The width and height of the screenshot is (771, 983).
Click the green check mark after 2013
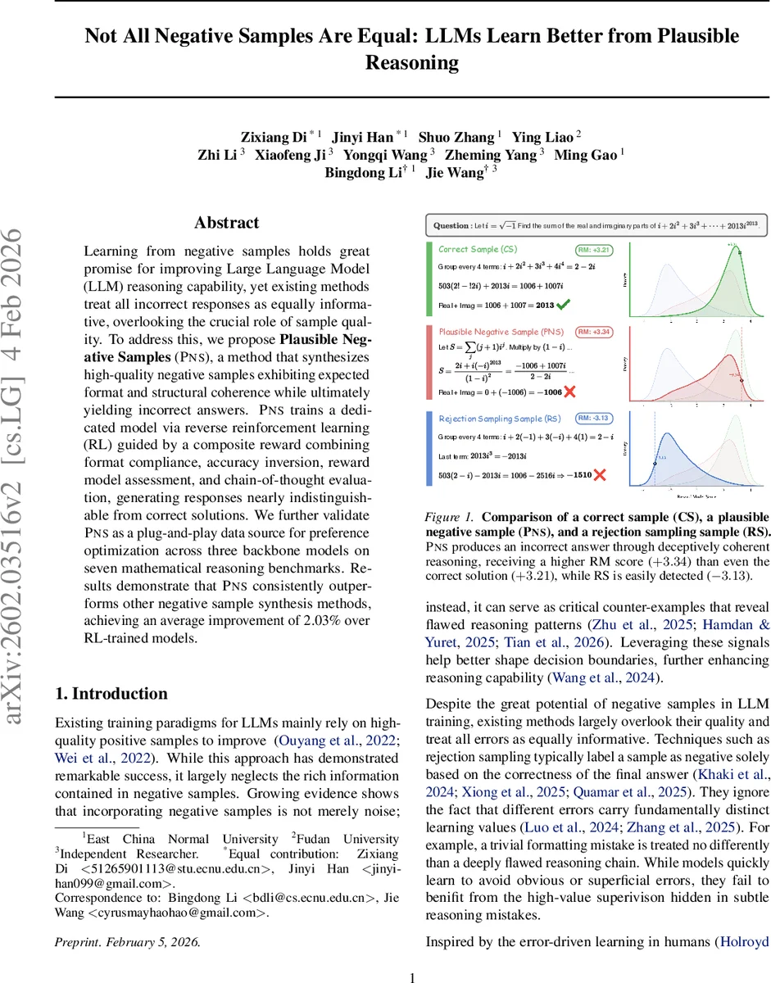point(564,306)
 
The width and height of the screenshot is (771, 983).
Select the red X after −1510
point(599,474)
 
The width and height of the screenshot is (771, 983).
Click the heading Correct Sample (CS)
point(478,249)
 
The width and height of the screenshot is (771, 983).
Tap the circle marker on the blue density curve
point(655,464)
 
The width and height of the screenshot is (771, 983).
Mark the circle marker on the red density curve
point(741,380)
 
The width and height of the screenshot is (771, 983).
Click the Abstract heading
point(226,223)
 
